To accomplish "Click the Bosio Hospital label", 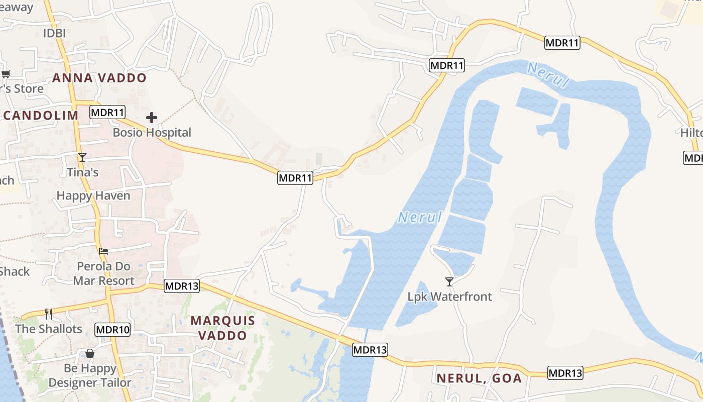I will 152,133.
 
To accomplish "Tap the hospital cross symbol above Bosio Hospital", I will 152,118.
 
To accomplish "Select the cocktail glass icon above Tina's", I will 82,157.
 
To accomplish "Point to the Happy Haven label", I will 93,195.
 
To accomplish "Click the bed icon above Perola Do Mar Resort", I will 103,251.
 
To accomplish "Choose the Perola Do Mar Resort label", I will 104,273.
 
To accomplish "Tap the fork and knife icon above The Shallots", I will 49,314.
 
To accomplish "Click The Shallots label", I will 49,329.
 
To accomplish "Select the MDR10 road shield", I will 112,330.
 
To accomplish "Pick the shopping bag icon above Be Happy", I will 90,353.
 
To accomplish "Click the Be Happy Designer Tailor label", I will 90,375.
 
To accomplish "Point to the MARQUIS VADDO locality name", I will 223,328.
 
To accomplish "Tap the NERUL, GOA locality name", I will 479,378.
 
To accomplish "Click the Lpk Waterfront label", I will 449,296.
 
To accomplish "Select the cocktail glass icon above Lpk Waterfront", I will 449,281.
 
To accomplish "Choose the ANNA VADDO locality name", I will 99,78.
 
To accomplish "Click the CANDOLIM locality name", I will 40,115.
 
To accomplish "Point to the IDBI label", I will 54,33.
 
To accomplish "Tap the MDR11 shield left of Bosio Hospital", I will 107,112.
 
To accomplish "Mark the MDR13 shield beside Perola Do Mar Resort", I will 182,286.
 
